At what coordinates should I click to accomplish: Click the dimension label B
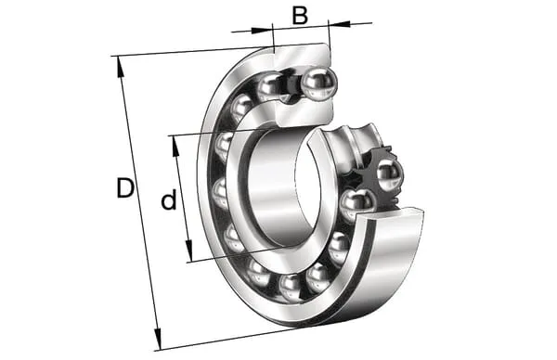(300, 16)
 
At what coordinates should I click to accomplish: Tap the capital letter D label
(125, 188)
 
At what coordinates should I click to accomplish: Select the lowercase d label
(169, 199)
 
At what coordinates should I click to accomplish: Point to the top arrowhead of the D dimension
(121, 67)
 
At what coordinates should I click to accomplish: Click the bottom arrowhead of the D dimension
(158, 340)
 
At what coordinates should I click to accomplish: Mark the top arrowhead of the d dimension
(175, 146)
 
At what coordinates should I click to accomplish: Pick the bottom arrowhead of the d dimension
(188, 251)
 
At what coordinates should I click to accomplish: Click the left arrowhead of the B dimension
(262, 30)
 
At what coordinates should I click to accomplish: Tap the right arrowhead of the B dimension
(339, 24)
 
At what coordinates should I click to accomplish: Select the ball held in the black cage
(390, 174)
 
